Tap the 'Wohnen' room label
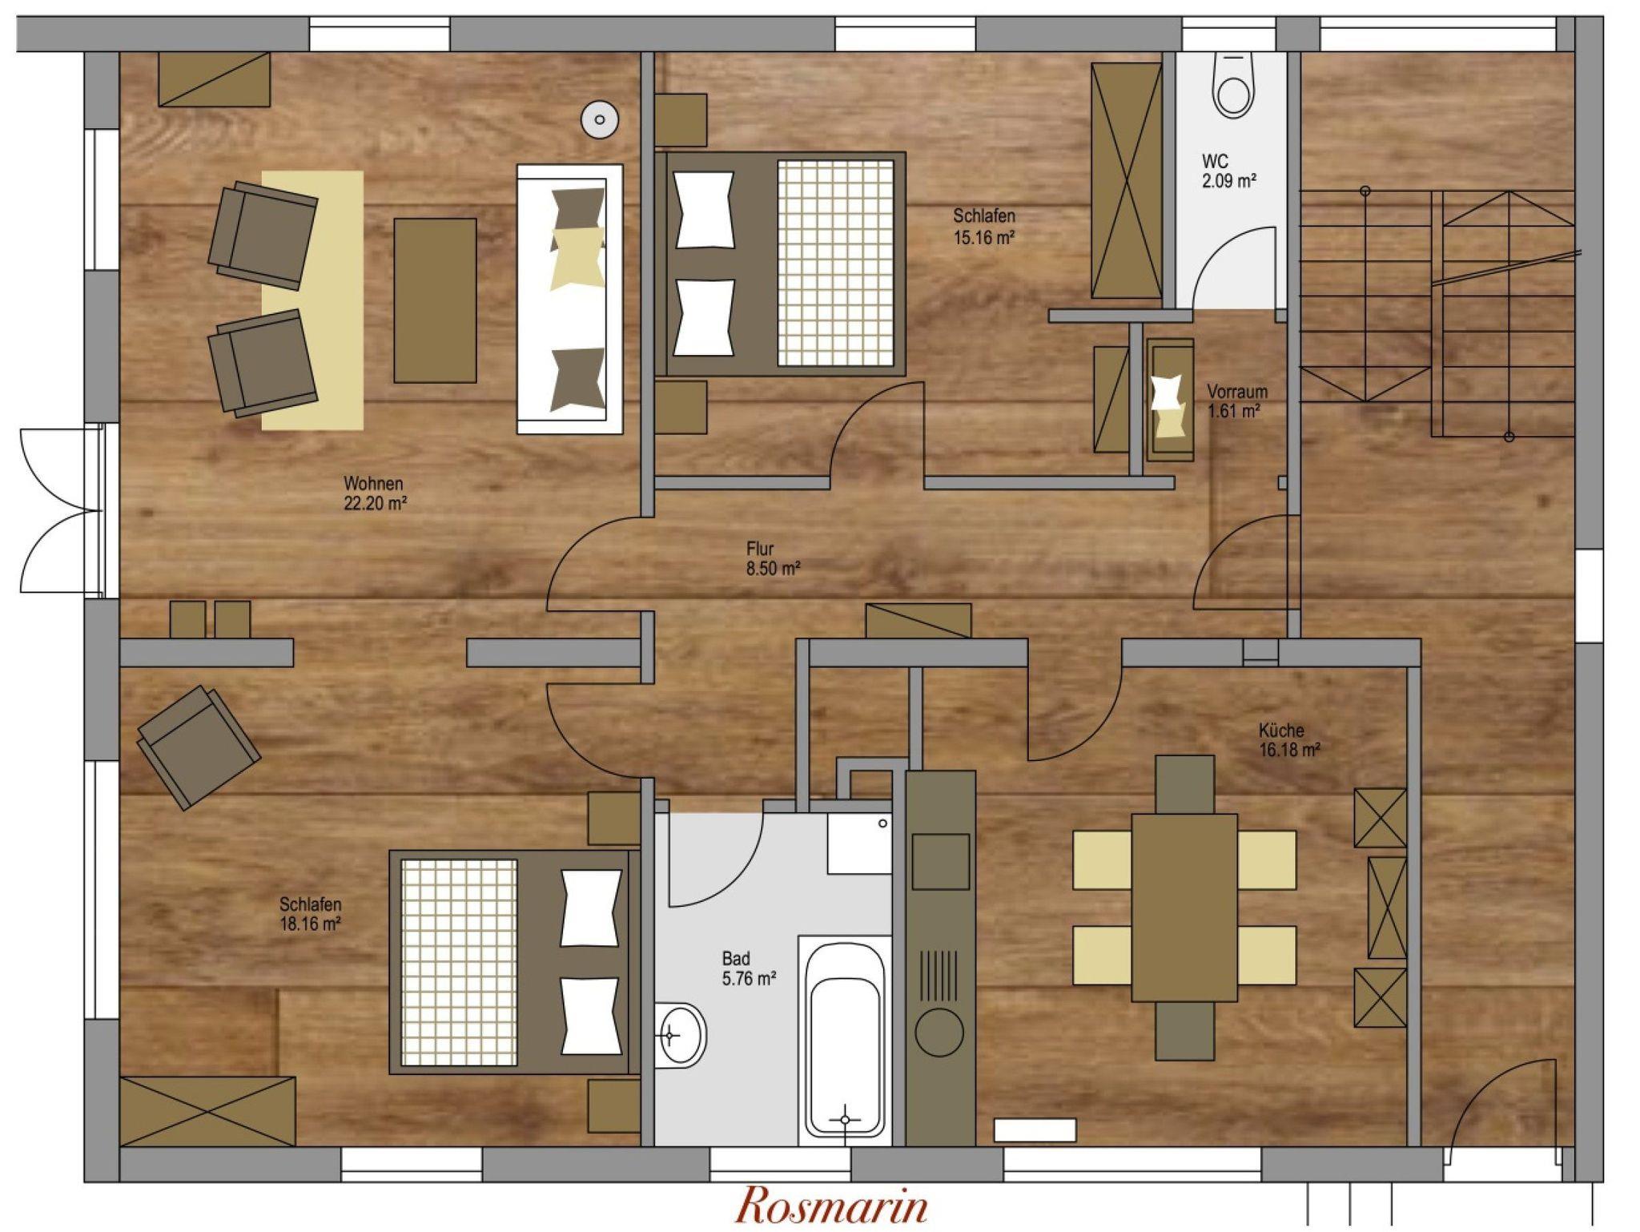tap(373, 484)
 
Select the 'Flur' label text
tap(760, 550)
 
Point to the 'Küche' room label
tap(1281, 731)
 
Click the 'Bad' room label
tap(736, 958)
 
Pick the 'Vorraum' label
tap(1237, 392)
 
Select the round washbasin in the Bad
tap(680, 1035)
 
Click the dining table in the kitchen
tap(1184, 908)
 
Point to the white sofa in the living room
tap(569, 300)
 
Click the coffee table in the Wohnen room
tap(435, 300)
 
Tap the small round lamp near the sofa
tap(600, 120)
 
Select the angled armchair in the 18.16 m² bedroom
tap(199, 747)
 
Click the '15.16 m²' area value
tap(984, 237)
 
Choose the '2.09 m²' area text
tap(1228, 181)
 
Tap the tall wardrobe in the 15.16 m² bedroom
tap(1126, 181)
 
